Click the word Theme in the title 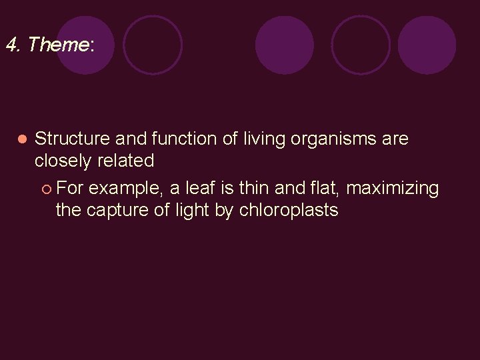[59, 45]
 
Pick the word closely [63, 161]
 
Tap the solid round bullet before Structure [21, 139]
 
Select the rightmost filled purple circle [427, 45]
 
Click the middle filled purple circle [285, 45]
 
